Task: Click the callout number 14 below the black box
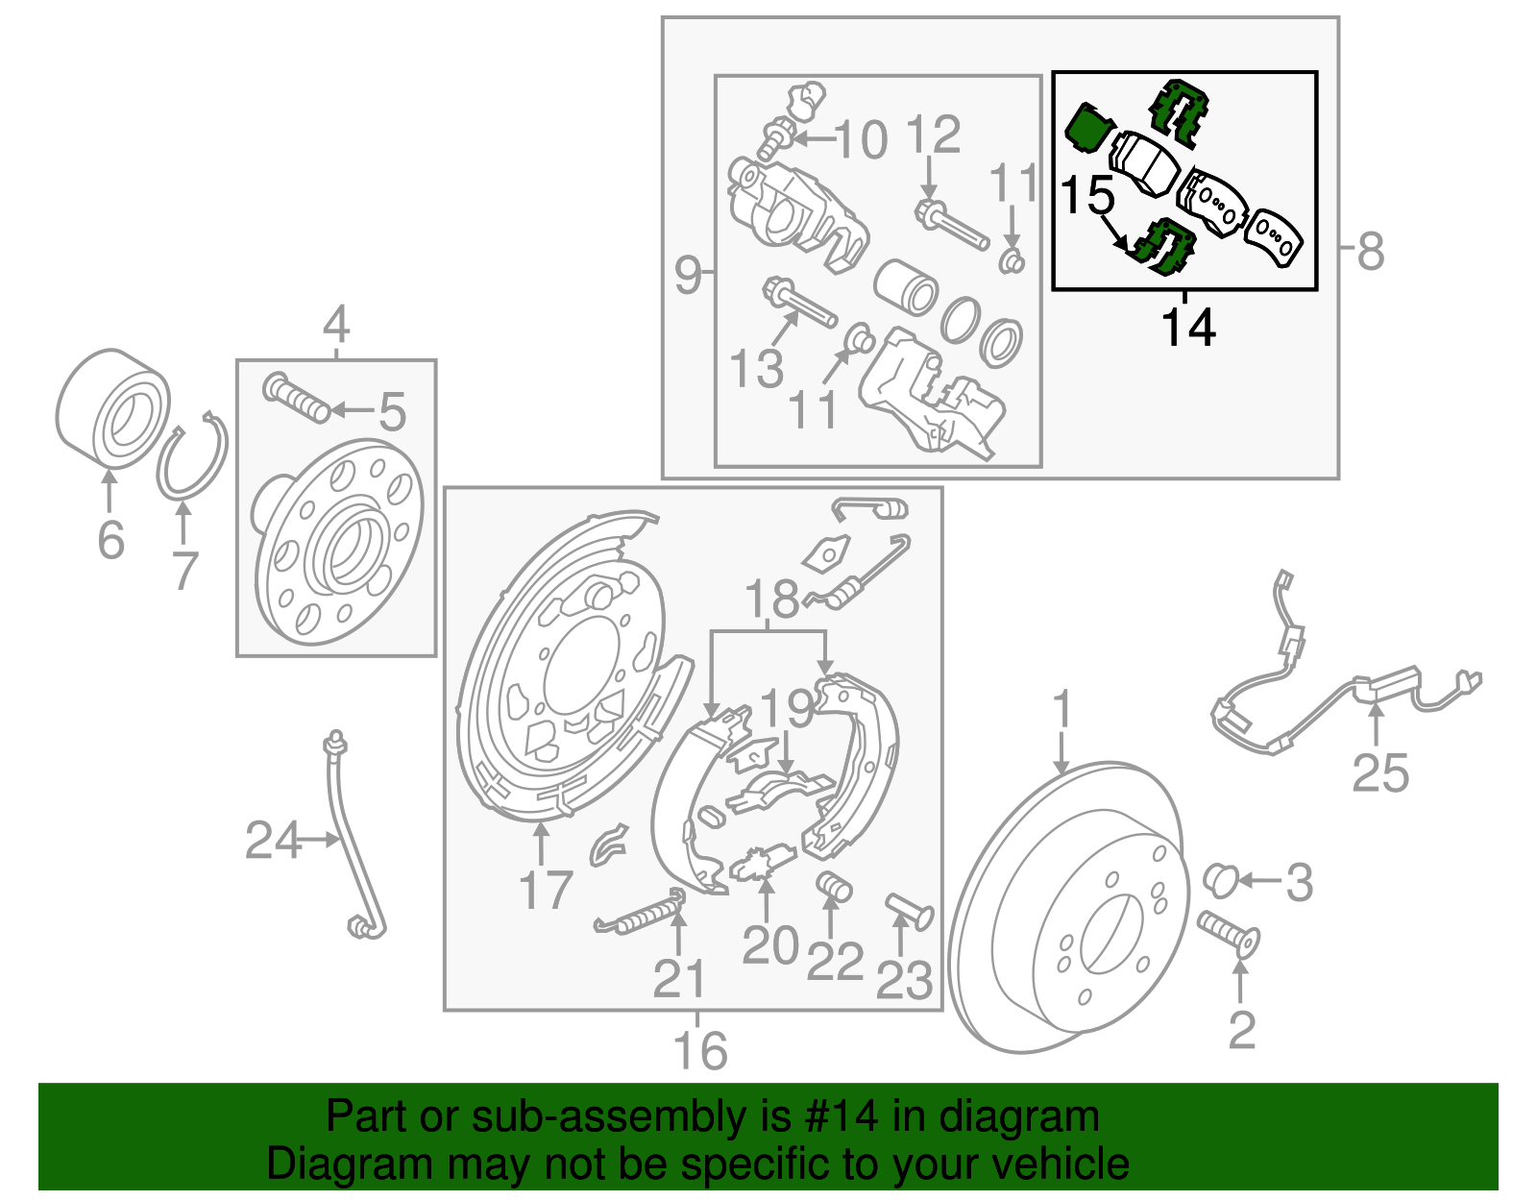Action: click(x=1188, y=328)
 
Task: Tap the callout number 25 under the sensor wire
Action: click(x=1379, y=772)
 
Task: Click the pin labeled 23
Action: click(x=908, y=910)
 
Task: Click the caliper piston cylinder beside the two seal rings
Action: click(x=906, y=285)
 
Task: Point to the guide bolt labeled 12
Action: click(x=951, y=223)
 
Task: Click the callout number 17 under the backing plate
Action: click(x=545, y=891)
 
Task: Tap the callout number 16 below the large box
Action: click(x=700, y=1050)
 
